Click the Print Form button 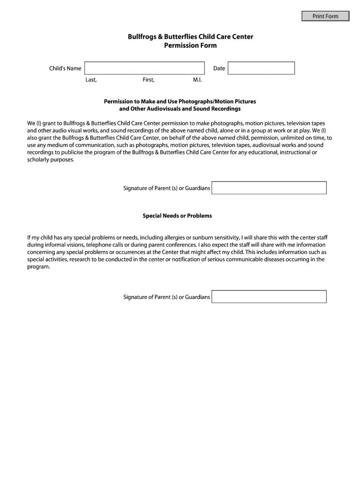coord(325,16)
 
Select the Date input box coord(261,68)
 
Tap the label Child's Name coord(65,69)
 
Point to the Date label coord(219,69)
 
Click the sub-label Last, coord(91,80)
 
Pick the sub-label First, coord(149,80)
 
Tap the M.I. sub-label coord(197,80)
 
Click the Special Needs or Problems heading coord(177,216)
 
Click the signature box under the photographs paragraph coord(269,188)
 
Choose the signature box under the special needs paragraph coord(269,297)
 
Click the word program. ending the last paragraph coord(39,267)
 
